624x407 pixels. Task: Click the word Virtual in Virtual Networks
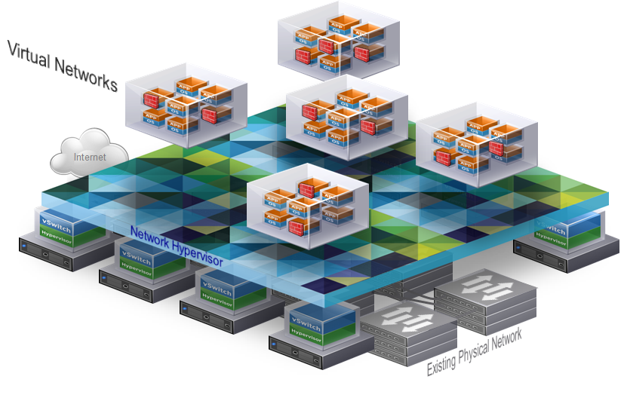(29, 56)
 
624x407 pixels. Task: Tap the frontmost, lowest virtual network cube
(307, 204)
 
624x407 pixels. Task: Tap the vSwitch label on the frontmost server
(306, 321)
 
